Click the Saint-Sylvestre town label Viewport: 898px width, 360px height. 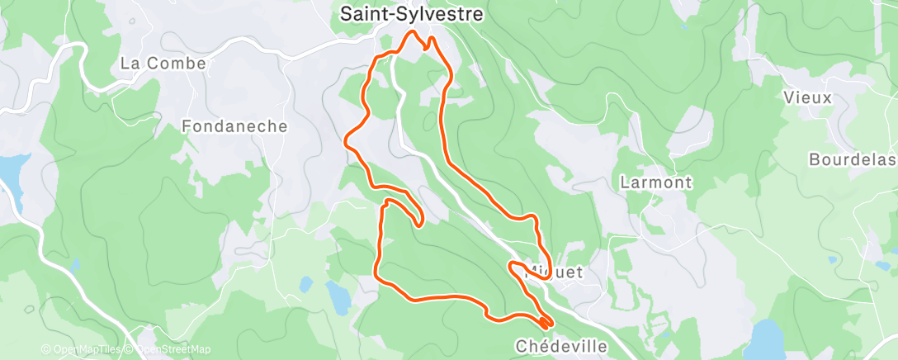410,14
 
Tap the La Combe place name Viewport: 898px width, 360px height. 163,63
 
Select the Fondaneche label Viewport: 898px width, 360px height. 234,126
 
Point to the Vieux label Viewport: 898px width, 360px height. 809,97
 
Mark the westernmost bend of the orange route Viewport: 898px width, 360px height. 347,143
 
